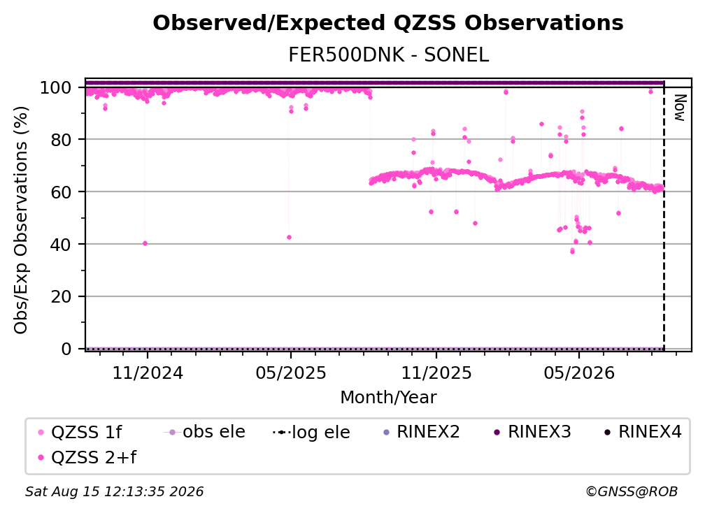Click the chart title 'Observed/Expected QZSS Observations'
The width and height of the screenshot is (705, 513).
click(388, 23)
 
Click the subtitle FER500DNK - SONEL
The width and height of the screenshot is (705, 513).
click(388, 55)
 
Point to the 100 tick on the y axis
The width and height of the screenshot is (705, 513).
click(56, 87)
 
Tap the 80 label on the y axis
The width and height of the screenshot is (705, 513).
click(61, 140)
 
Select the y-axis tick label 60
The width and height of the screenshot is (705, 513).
click(61, 192)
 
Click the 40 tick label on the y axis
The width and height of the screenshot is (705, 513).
click(61, 245)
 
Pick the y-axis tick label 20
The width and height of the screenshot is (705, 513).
click(61, 297)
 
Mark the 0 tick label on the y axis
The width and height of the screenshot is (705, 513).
click(66, 349)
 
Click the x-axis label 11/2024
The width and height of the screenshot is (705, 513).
click(148, 373)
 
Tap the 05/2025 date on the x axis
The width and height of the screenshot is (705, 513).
click(291, 373)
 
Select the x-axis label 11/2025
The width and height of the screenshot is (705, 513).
click(436, 373)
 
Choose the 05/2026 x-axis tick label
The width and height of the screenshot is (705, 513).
click(579, 373)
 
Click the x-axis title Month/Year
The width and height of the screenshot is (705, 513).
click(388, 398)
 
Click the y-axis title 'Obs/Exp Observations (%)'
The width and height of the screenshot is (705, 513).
click(21, 220)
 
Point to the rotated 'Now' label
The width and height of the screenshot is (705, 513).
click(680, 108)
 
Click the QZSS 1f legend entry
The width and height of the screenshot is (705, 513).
click(80, 432)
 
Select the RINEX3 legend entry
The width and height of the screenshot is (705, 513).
click(532, 432)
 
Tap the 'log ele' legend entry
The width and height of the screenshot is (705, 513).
click(312, 432)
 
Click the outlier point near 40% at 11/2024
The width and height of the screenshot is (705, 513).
click(145, 243)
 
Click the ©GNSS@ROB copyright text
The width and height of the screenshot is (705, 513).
click(632, 492)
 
